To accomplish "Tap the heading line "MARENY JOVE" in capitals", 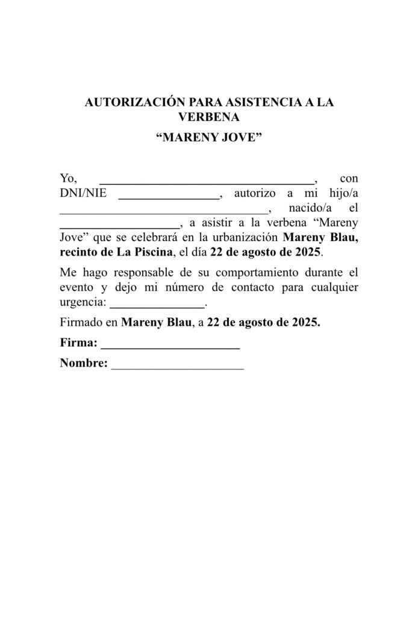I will (208, 138).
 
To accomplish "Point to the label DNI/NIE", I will (83, 193).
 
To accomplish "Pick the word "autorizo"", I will (254, 194).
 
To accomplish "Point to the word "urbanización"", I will (246, 237).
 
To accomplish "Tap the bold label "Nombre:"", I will (84, 363).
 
